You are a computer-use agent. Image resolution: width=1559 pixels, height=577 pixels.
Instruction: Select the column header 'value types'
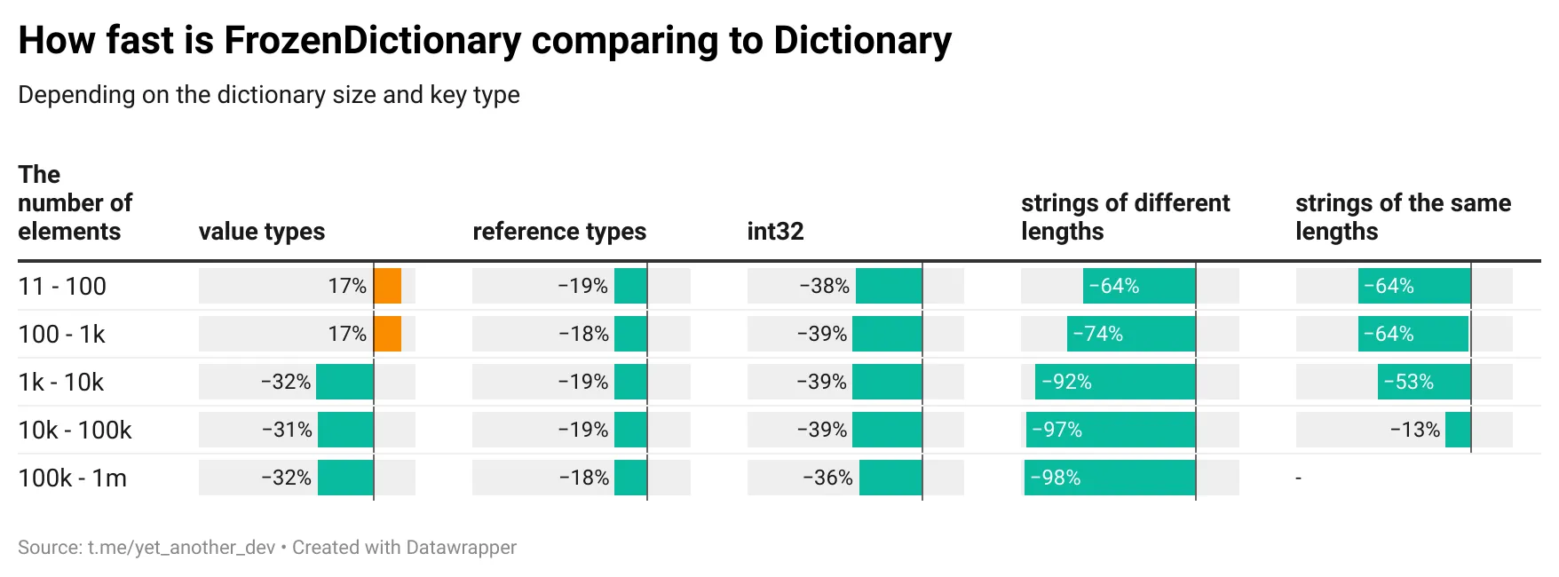click(x=262, y=232)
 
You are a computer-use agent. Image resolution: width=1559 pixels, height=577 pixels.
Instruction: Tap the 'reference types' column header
click(x=559, y=232)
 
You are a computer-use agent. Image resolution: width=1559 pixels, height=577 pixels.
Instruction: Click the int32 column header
click(x=775, y=232)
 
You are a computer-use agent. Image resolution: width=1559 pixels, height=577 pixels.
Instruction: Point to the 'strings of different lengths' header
click(x=1125, y=217)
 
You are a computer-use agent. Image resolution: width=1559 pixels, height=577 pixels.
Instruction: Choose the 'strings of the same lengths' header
click(x=1403, y=217)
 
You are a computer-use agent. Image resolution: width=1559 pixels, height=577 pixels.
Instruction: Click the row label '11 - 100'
click(x=62, y=287)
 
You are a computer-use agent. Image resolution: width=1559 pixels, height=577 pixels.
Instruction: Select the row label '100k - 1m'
click(x=73, y=478)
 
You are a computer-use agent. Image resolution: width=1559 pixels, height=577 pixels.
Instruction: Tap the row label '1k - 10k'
click(x=61, y=383)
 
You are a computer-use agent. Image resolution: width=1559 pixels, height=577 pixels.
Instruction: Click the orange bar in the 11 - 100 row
click(x=388, y=287)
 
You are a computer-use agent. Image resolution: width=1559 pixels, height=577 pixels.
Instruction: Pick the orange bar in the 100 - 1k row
click(x=388, y=335)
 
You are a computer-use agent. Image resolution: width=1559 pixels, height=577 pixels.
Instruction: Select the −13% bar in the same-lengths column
click(x=1458, y=431)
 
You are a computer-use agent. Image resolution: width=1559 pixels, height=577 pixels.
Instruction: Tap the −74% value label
click(x=1098, y=335)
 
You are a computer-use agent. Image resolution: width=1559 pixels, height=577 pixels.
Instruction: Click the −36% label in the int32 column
click(x=827, y=478)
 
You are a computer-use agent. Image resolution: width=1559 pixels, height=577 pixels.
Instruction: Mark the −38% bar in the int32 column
click(x=889, y=287)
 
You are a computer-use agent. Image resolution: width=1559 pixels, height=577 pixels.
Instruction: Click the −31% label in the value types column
click(x=287, y=431)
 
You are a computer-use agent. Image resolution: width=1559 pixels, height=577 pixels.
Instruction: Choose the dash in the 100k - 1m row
click(x=1298, y=478)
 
